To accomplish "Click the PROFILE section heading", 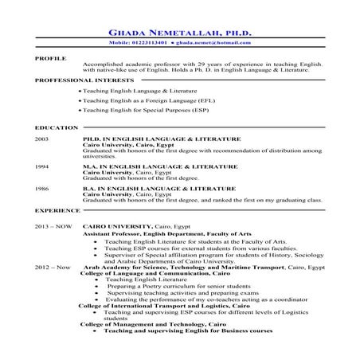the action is click(50, 59).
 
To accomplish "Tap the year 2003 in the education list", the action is click(43, 139).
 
